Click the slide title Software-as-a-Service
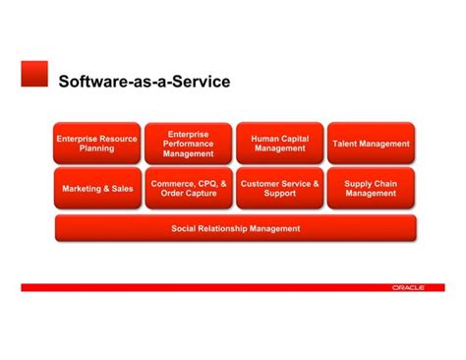pos(145,82)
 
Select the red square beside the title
pos(34,73)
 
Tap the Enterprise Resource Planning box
pos(96,144)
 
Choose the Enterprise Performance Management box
pos(188,144)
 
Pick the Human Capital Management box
pos(280,144)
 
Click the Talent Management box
pos(371,144)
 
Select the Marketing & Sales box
pos(96,188)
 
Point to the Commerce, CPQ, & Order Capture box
pos(188,188)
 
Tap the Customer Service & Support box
pos(280,188)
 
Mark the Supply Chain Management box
pos(371,188)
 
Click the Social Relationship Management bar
pos(235,229)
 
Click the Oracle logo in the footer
pos(407,287)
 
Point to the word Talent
pos(347,144)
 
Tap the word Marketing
pos(83,188)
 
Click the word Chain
pos(384,183)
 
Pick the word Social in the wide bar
pos(185,229)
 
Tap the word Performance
pos(188,144)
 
